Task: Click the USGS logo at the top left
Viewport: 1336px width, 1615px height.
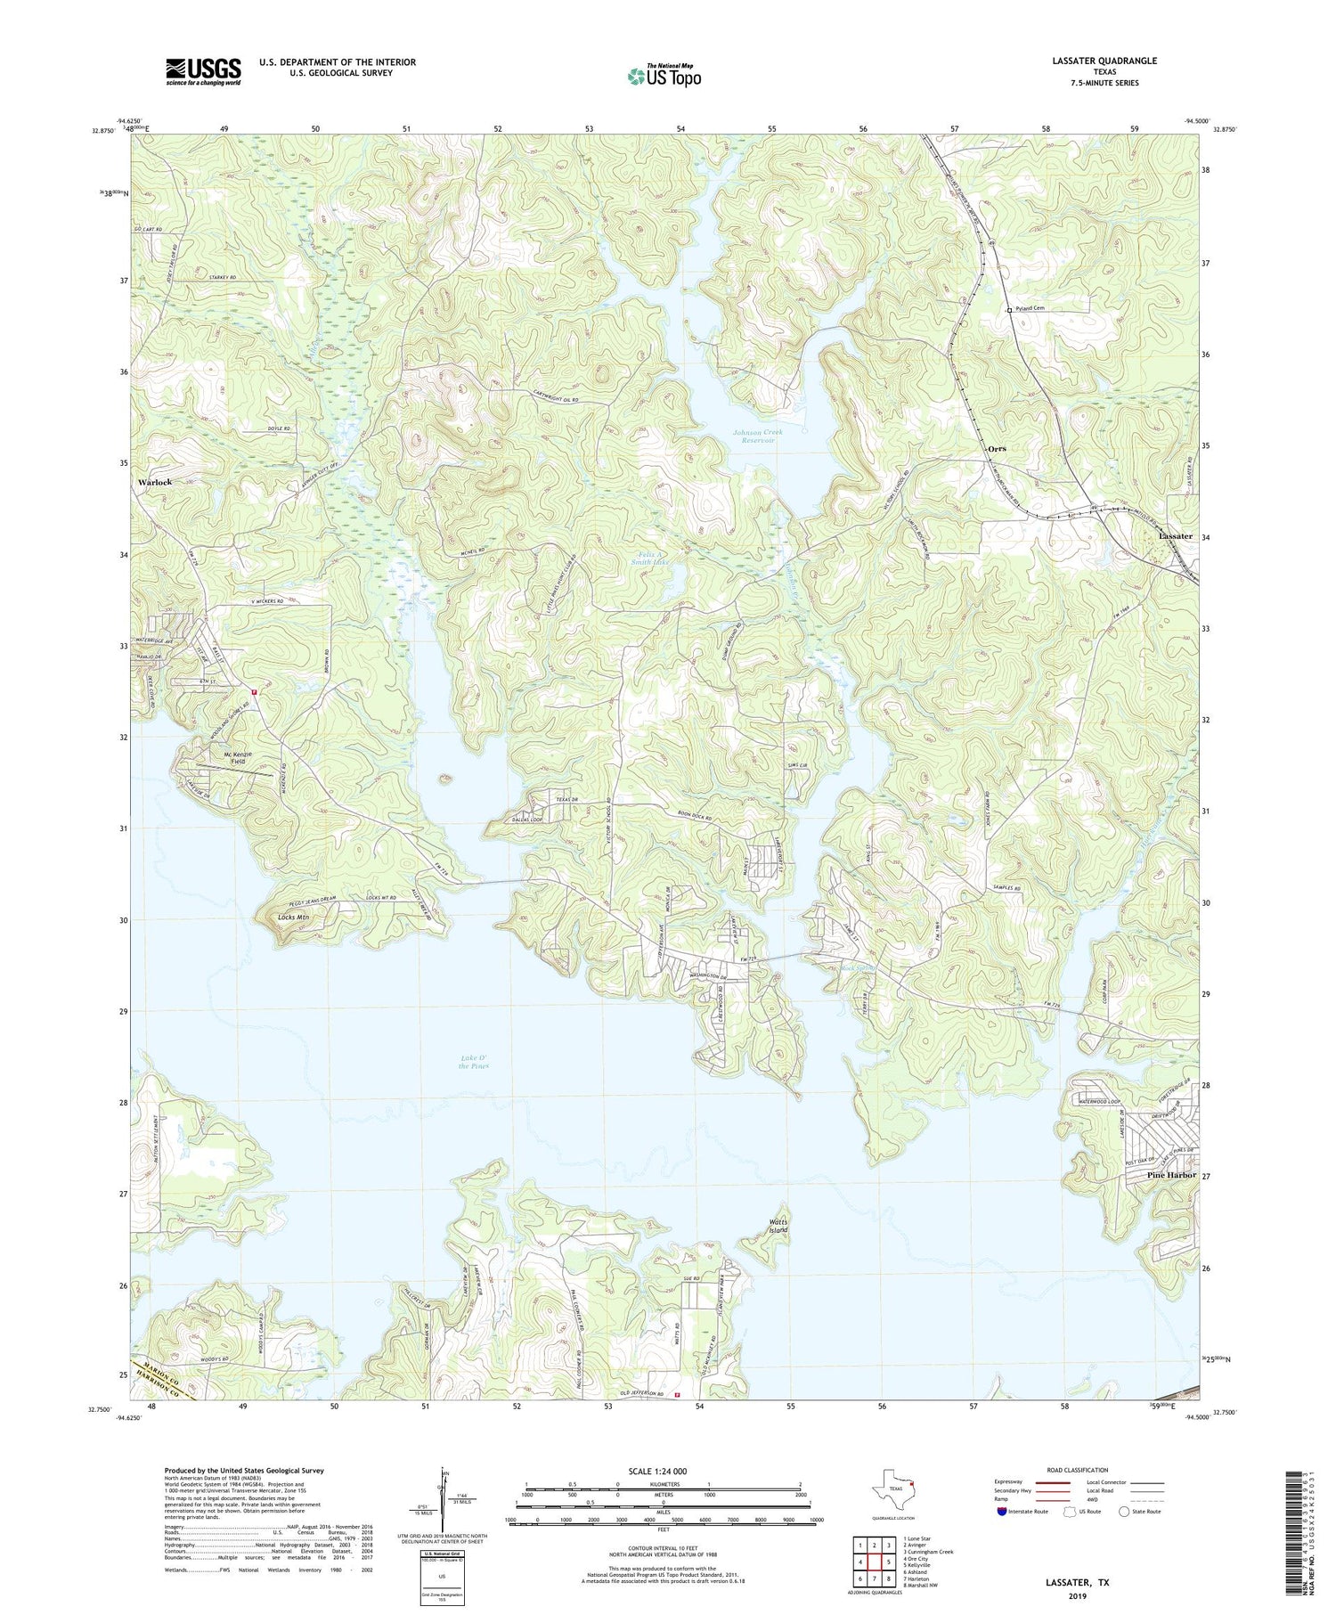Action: [x=203, y=71]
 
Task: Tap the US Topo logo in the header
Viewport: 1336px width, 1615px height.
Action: [x=664, y=76]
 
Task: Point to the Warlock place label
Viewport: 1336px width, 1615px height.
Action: [x=155, y=482]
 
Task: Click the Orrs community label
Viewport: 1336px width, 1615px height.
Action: [x=997, y=448]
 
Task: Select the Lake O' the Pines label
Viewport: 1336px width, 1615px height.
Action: [x=473, y=1061]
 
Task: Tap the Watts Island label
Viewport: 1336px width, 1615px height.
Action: [x=778, y=1225]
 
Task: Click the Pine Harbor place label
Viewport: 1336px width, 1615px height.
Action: [x=1171, y=1175]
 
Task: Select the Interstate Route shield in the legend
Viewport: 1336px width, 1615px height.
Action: [x=1002, y=1511]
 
